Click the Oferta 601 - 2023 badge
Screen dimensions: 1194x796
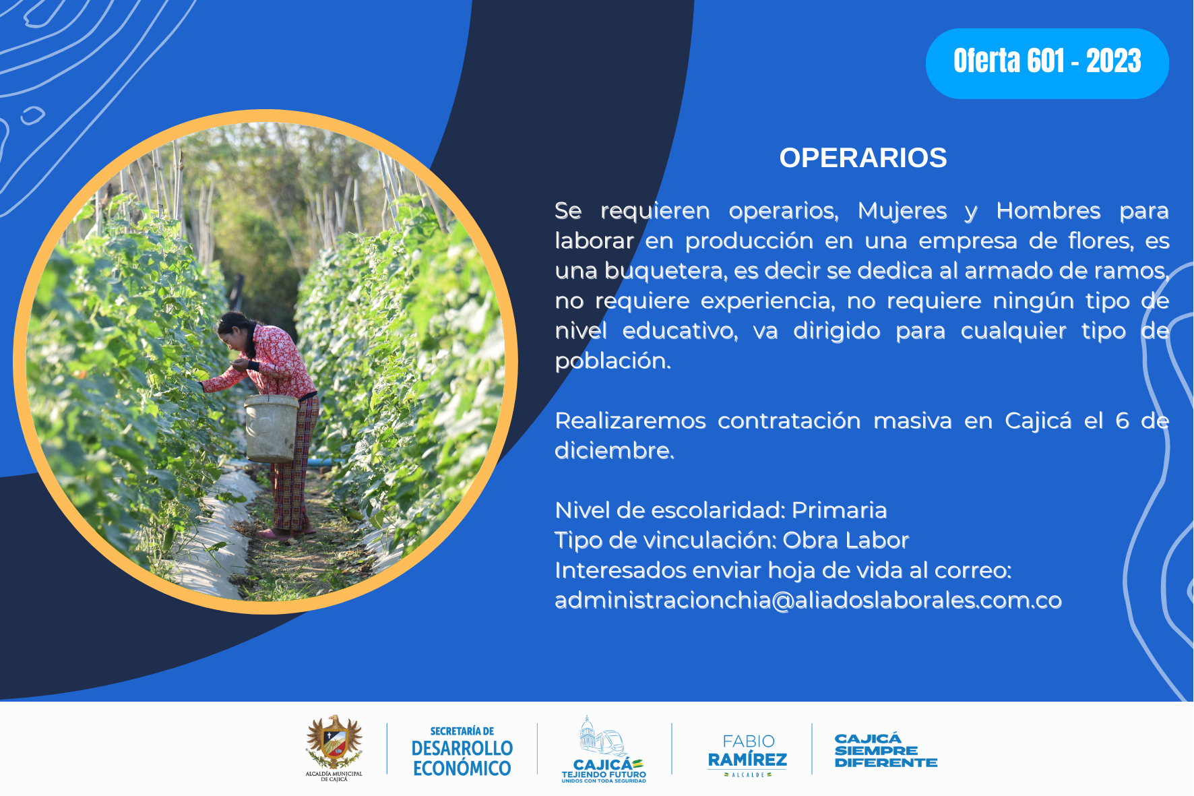[x=1047, y=63]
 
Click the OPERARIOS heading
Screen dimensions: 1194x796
[x=863, y=158]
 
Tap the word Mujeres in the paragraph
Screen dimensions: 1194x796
[x=902, y=211]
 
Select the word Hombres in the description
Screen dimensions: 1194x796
[x=1048, y=210]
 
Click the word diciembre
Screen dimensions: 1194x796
[x=614, y=450]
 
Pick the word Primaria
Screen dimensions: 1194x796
[x=839, y=510]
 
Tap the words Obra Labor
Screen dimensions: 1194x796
[x=846, y=540]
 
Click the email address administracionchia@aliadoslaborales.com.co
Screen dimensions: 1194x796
[x=808, y=600]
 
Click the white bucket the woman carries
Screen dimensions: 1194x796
[x=272, y=429]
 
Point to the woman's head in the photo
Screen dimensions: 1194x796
[x=234, y=331]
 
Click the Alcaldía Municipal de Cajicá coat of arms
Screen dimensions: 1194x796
[x=334, y=747]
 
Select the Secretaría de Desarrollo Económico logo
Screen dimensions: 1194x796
[x=462, y=751]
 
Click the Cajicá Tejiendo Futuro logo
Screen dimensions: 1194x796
[x=604, y=749]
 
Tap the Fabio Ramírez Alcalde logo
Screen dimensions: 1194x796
[x=747, y=755]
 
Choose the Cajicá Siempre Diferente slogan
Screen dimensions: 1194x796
[x=886, y=750]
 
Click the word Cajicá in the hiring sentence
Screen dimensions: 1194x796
[x=1038, y=421]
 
